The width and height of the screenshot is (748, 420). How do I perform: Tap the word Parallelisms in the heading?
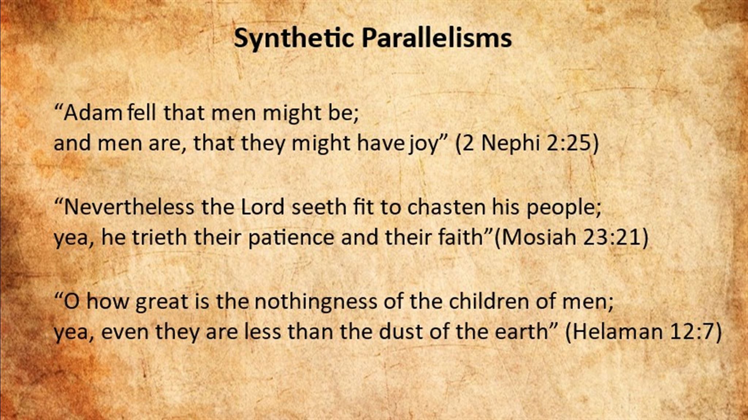pos(436,38)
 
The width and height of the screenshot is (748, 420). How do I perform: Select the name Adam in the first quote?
pos(93,113)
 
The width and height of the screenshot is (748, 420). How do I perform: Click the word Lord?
pos(263,207)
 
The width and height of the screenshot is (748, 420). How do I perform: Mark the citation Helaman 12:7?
pos(643,332)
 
